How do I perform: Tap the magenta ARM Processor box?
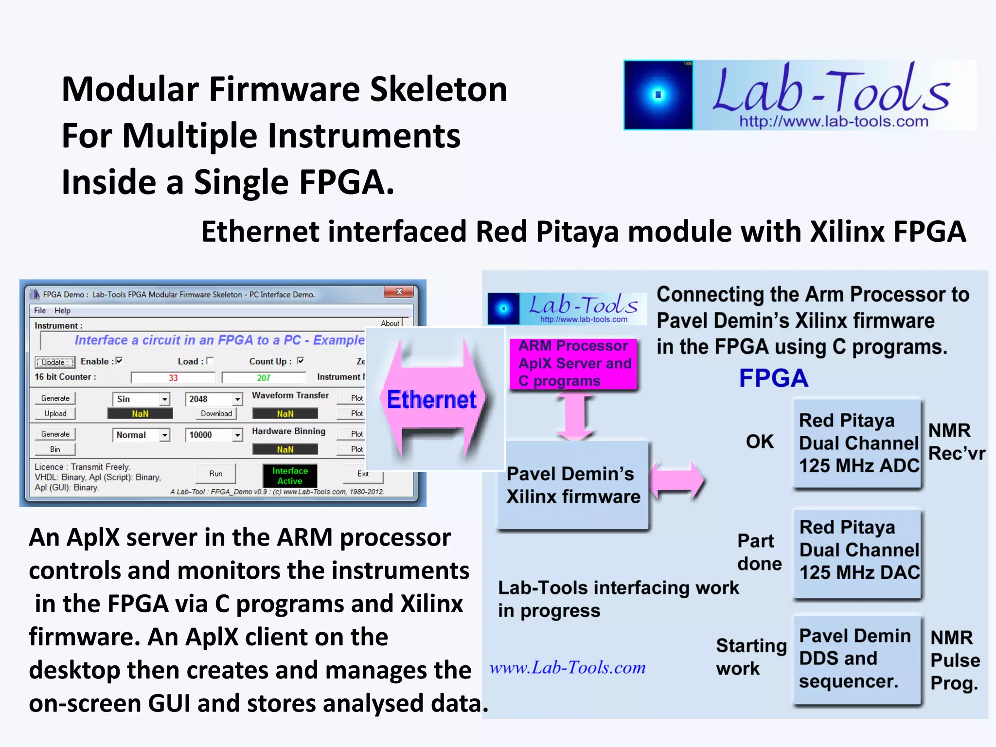point(574,363)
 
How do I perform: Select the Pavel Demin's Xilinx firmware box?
point(573,485)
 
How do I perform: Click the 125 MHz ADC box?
point(857,443)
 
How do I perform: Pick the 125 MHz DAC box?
point(857,550)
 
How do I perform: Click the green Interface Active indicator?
point(290,476)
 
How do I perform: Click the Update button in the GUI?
point(55,362)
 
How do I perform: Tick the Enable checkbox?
point(119,361)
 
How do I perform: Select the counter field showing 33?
point(173,378)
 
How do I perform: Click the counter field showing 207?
point(264,378)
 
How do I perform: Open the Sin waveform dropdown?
point(165,399)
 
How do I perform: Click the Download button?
point(216,413)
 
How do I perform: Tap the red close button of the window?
point(399,292)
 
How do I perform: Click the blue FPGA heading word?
point(773,378)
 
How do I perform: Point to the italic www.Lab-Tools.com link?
point(568,668)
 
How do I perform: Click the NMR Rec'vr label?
point(956,442)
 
